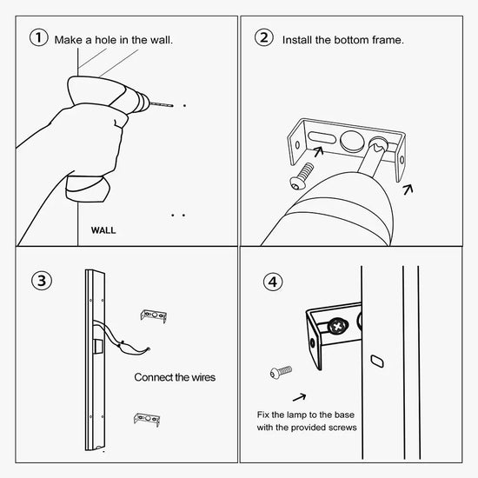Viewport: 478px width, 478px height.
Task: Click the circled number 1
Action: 39,37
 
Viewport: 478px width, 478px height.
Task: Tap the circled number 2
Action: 263,37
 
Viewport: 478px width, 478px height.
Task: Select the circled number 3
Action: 42,281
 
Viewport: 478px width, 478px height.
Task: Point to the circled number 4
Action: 273,282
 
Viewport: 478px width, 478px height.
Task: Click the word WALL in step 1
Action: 103,230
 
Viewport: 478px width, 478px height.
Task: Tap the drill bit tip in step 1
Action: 173,106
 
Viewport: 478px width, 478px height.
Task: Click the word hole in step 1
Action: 111,40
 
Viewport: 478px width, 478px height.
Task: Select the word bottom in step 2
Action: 351,40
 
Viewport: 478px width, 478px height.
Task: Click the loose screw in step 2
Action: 302,176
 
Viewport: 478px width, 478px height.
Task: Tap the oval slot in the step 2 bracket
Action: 322,137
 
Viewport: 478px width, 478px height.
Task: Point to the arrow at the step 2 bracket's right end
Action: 408,189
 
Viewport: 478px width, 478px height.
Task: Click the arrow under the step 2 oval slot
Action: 319,151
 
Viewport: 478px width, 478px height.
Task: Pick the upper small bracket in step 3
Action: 154,315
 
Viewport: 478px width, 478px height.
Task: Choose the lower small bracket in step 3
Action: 147,419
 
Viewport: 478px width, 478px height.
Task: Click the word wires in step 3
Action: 203,377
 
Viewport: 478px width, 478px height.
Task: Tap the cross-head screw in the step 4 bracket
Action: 338,327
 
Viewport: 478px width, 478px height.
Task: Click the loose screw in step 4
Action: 281,372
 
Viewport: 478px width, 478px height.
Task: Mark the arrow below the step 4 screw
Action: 299,397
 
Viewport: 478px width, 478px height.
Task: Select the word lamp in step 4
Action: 296,415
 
